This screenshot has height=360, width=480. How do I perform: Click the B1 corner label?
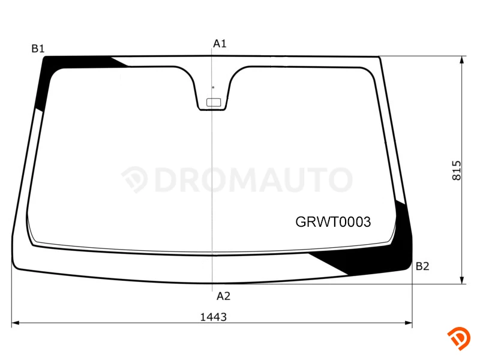coord(38,49)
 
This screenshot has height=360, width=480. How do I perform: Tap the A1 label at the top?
coord(220,44)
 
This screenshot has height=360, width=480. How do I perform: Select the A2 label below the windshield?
coord(223,296)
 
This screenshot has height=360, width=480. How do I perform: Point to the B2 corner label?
coord(422,266)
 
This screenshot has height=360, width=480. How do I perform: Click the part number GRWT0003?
coord(333,222)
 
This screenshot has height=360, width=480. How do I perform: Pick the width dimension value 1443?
coord(214,317)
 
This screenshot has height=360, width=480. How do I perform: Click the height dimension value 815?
coord(457,170)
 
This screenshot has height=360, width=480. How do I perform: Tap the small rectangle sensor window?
coord(214,102)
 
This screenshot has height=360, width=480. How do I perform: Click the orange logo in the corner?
coord(459,338)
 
